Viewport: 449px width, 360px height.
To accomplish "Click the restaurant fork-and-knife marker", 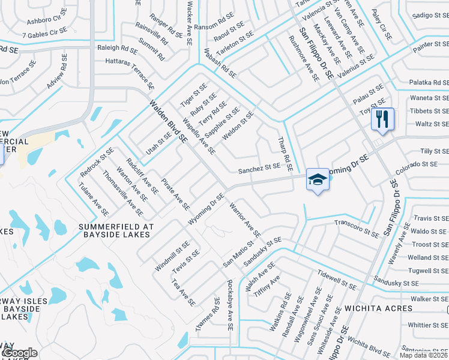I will click(x=382, y=118).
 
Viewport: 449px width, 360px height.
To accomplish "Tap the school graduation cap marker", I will click(x=318, y=179).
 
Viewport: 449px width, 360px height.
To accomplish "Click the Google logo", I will click(x=19, y=353).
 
